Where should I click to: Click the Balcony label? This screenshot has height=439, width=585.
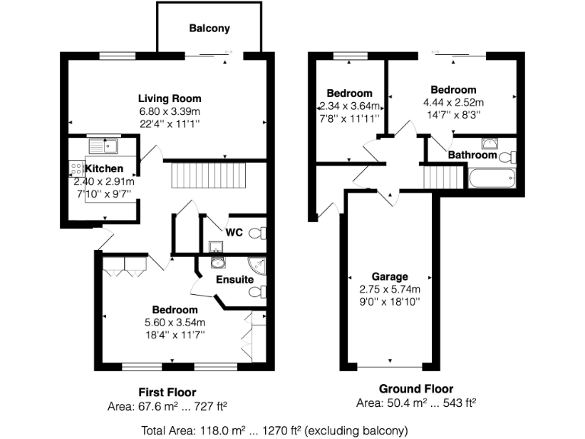tap(209, 29)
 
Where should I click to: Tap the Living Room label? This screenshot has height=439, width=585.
tap(169, 98)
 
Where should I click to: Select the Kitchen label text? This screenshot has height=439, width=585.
tap(104, 168)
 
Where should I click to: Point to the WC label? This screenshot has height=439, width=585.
tap(233, 232)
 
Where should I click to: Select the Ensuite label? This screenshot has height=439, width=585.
tap(234, 280)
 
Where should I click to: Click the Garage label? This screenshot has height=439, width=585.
tap(389, 276)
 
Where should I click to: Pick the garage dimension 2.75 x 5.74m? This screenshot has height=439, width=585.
tap(389, 289)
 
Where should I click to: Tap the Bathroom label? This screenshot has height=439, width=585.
tap(472, 155)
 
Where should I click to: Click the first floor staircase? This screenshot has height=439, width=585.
tap(209, 177)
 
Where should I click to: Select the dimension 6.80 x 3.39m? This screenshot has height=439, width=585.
tap(169, 111)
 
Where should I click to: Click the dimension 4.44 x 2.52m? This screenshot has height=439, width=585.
tap(453, 102)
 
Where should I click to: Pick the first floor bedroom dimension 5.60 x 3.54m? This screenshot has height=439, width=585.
tap(174, 322)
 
